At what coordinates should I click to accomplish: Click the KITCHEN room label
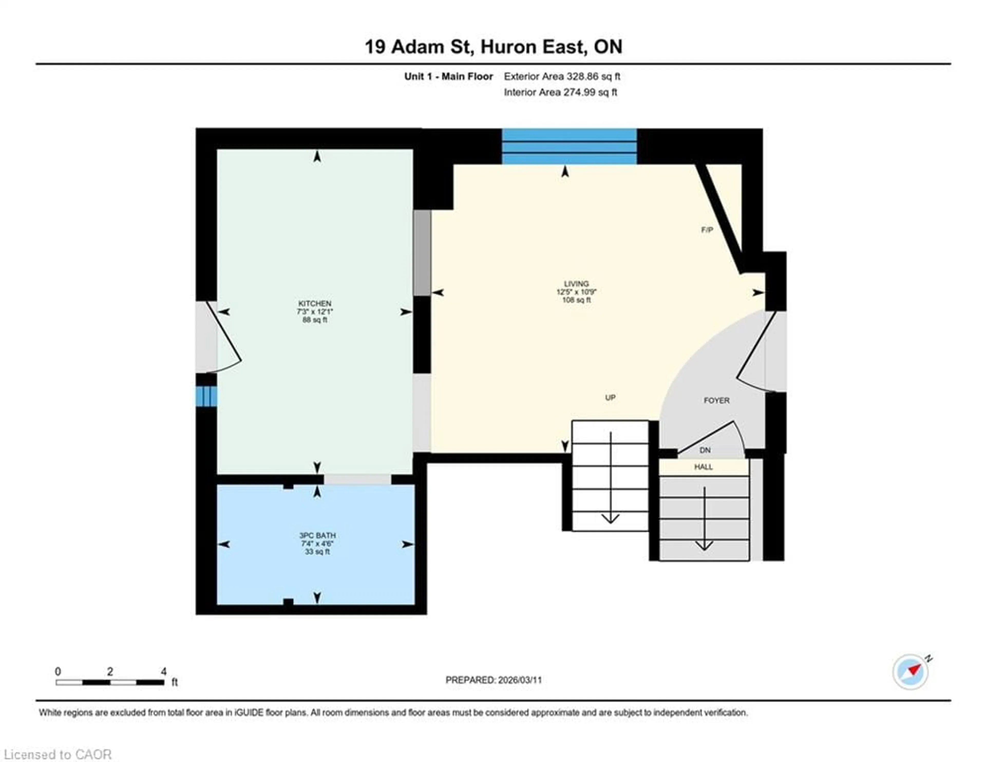[315, 303]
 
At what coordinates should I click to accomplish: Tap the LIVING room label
[576, 284]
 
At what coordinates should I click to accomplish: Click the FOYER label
[716, 401]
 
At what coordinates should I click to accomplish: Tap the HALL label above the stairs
[703, 467]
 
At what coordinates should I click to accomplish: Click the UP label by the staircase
[610, 398]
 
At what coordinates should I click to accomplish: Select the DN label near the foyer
[705, 450]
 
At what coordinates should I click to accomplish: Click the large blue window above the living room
[569, 147]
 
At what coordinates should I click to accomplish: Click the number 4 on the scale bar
[163, 671]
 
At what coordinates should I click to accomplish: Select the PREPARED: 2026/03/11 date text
[494, 680]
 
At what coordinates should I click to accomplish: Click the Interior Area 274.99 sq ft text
[560, 92]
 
